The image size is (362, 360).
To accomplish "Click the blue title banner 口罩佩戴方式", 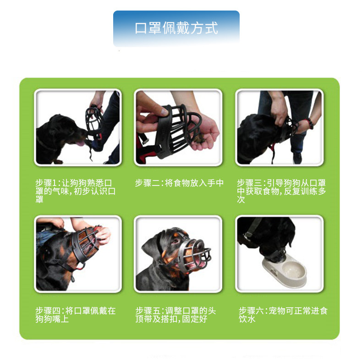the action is coord(176,28).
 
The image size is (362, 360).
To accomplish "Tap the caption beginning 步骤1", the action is coord(75,191).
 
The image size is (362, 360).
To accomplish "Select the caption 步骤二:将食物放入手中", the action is coord(179,183).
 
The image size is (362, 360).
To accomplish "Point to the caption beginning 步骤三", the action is coord(281,191).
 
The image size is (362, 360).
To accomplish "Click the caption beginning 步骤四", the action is coord(75,315).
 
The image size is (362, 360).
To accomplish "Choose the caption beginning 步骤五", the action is coord(176,315).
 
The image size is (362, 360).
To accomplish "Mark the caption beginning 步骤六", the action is coord(283,315).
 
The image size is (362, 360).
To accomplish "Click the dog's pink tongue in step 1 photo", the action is coord(80,143).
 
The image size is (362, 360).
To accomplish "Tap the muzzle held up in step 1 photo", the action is coord(94,122).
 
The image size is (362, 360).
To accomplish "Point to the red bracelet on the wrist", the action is coord(309,123).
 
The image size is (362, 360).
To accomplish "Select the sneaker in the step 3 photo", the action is coord(297,158).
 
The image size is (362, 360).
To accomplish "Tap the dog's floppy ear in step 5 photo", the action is coord(151,249).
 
